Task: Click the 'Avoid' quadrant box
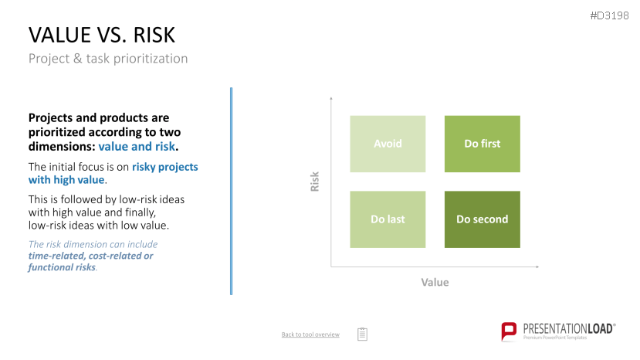pyautogui.click(x=388, y=144)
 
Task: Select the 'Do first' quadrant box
pyautogui.click(x=482, y=144)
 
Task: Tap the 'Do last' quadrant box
pyautogui.click(x=388, y=219)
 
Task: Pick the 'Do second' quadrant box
pyautogui.click(x=482, y=219)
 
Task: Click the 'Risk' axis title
pyautogui.click(x=314, y=182)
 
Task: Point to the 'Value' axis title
pyautogui.click(x=435, y=283)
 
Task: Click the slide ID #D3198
pyautogui.click(x=609, y=15)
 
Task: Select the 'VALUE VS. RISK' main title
pyautogui.click(x=102, y=35)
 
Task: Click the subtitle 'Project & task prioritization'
pyautogui.click(x=108, y=59)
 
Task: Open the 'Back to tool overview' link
pyautogui.click(x=310, y=335)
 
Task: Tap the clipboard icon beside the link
pyautogui.click(x=362, y=334)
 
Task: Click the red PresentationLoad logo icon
pyautogui.click(x=509, y=331)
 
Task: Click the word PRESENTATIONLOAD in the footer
pyautogui.click(x=568, y=328)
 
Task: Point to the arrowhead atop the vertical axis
pyautogui.click(x=331, y=98)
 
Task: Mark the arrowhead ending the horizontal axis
pyautogui.click(x=537, y=267)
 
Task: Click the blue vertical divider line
pyautogui.click(x=231, y=192)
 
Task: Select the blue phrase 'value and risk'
pyautogui.click(x=137, y=146)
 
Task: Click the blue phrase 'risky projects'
pyautogui.click(x=165, y=167)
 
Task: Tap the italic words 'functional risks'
pyautogui.click(x=62, y=267)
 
